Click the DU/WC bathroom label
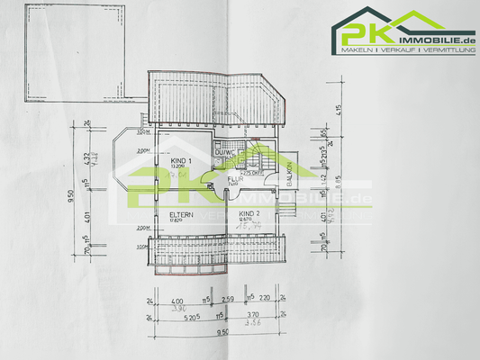coord(224,152)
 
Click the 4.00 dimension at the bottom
coord(177,300)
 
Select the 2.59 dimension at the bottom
coord(228,300)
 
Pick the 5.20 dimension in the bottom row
coord(186,318)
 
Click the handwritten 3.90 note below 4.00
coord(177,308)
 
